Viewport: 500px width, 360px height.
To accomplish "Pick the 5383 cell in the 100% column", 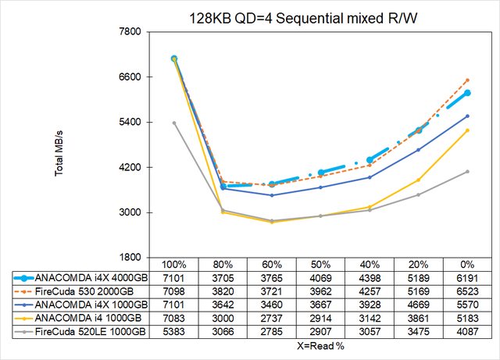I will coord(173,331).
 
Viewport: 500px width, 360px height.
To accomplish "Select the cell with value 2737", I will coord(271,318).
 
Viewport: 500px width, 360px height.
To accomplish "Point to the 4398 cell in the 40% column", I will coord(370,278).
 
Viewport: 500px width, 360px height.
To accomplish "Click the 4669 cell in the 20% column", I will coord(418,305).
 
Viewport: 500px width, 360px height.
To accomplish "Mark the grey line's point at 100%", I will coord(174,123).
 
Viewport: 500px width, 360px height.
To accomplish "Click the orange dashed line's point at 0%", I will coord(467,80).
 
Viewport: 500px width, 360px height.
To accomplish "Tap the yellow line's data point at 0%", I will coord(467,130).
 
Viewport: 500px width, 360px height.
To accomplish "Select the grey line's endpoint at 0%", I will coord(467,172).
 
